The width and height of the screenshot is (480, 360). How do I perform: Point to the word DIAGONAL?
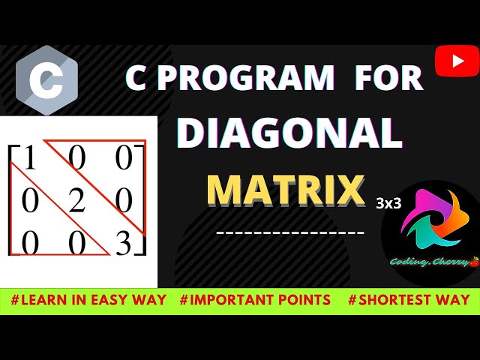[289, 133]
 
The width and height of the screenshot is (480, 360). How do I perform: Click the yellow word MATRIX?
[286, 190]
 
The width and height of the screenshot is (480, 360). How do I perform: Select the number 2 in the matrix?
[77, 201]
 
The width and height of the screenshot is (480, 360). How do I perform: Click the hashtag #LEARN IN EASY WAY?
[88, 300]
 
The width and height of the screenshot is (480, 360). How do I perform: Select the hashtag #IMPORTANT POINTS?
[255, 300]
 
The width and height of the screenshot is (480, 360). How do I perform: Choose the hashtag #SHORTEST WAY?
[409, 300]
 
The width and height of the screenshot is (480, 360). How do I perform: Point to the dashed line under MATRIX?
[290, 232]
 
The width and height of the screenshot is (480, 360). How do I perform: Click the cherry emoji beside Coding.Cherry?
[473, 262]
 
